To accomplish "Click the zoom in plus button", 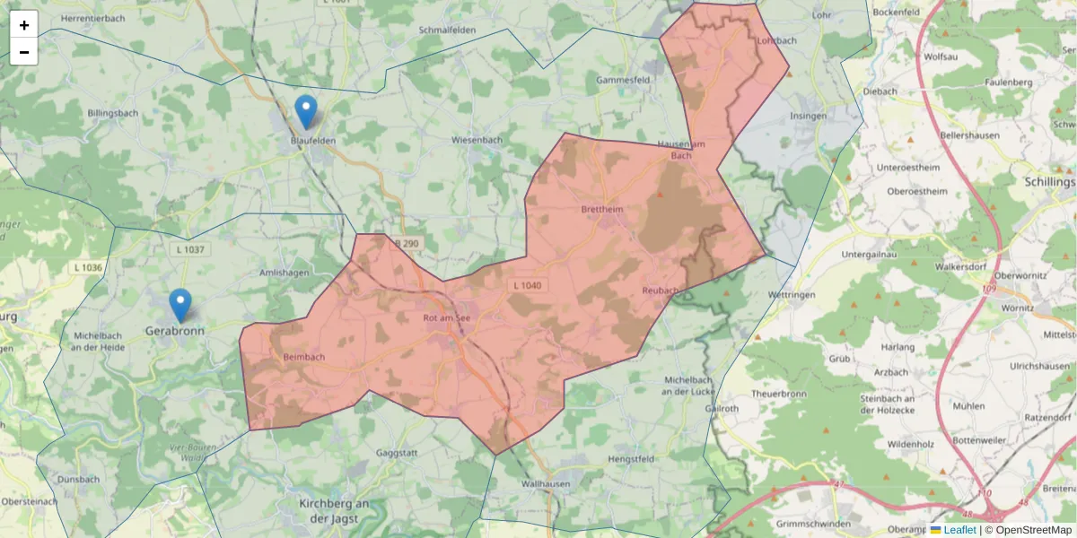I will point(24,25).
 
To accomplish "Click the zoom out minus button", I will point(24,52).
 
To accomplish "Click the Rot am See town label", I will point(446,317).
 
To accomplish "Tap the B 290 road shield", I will point(406,244).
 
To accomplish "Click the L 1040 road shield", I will point(528,285).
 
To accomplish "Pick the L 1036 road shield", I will point(88,267).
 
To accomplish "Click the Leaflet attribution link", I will point(959,530).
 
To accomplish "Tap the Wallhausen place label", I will point(546,484).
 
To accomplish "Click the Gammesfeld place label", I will point(623,80).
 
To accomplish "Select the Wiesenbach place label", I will point(477,140).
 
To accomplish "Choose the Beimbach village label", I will point(303,357).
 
